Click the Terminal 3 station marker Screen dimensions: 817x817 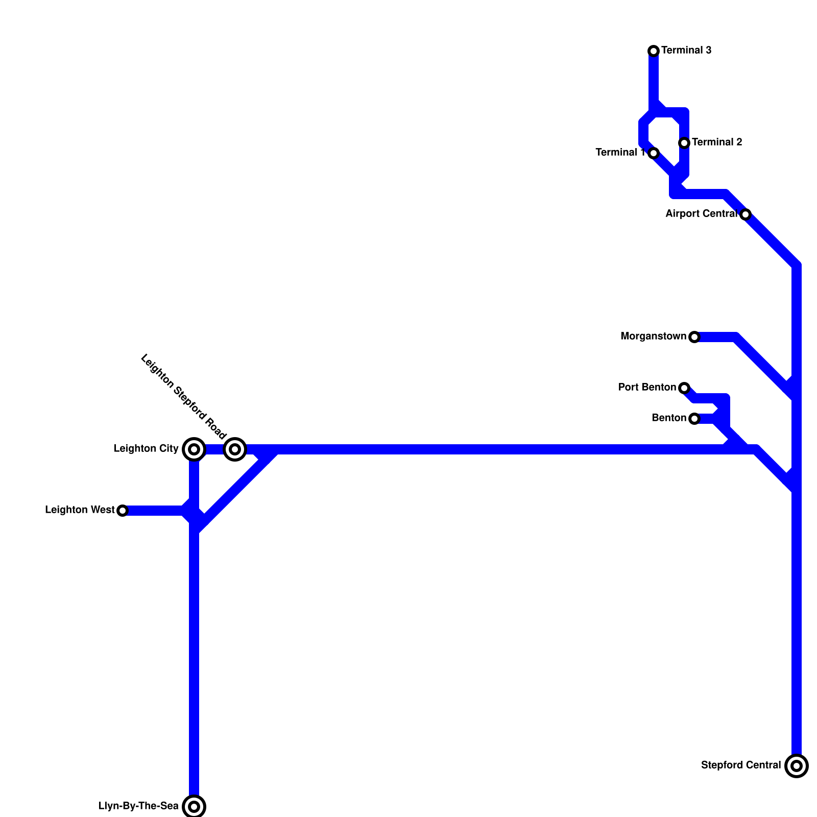[x=654, y=51]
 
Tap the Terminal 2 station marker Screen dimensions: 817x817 [x=684, y=143]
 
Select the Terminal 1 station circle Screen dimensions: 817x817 [x=654, y=153]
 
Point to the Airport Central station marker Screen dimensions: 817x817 [x=746, y=214]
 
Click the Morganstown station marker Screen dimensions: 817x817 [x=694, y=337]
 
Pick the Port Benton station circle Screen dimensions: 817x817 [x=684, y=388]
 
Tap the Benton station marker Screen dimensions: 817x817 [x=694, y=419]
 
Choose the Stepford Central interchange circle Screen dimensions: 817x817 [x=797, y=766]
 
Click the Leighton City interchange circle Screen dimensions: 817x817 [x=194, y=449]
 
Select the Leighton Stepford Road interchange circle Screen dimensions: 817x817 [x=235, y=449]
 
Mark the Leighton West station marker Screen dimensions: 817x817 [x=123, y=511]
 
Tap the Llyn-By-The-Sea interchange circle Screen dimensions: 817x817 [x=194, y=807]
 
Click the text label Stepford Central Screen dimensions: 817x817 [x=741, y=765]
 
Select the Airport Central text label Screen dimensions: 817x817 [x=702, y=214]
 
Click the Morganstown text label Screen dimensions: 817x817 [x=653, y=337]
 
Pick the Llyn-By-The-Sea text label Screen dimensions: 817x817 [x=138, y=806]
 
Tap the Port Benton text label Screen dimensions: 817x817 [x=647, y=388]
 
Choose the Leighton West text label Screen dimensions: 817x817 [x=80, y=510]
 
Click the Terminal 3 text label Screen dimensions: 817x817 [x=686, y=51]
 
